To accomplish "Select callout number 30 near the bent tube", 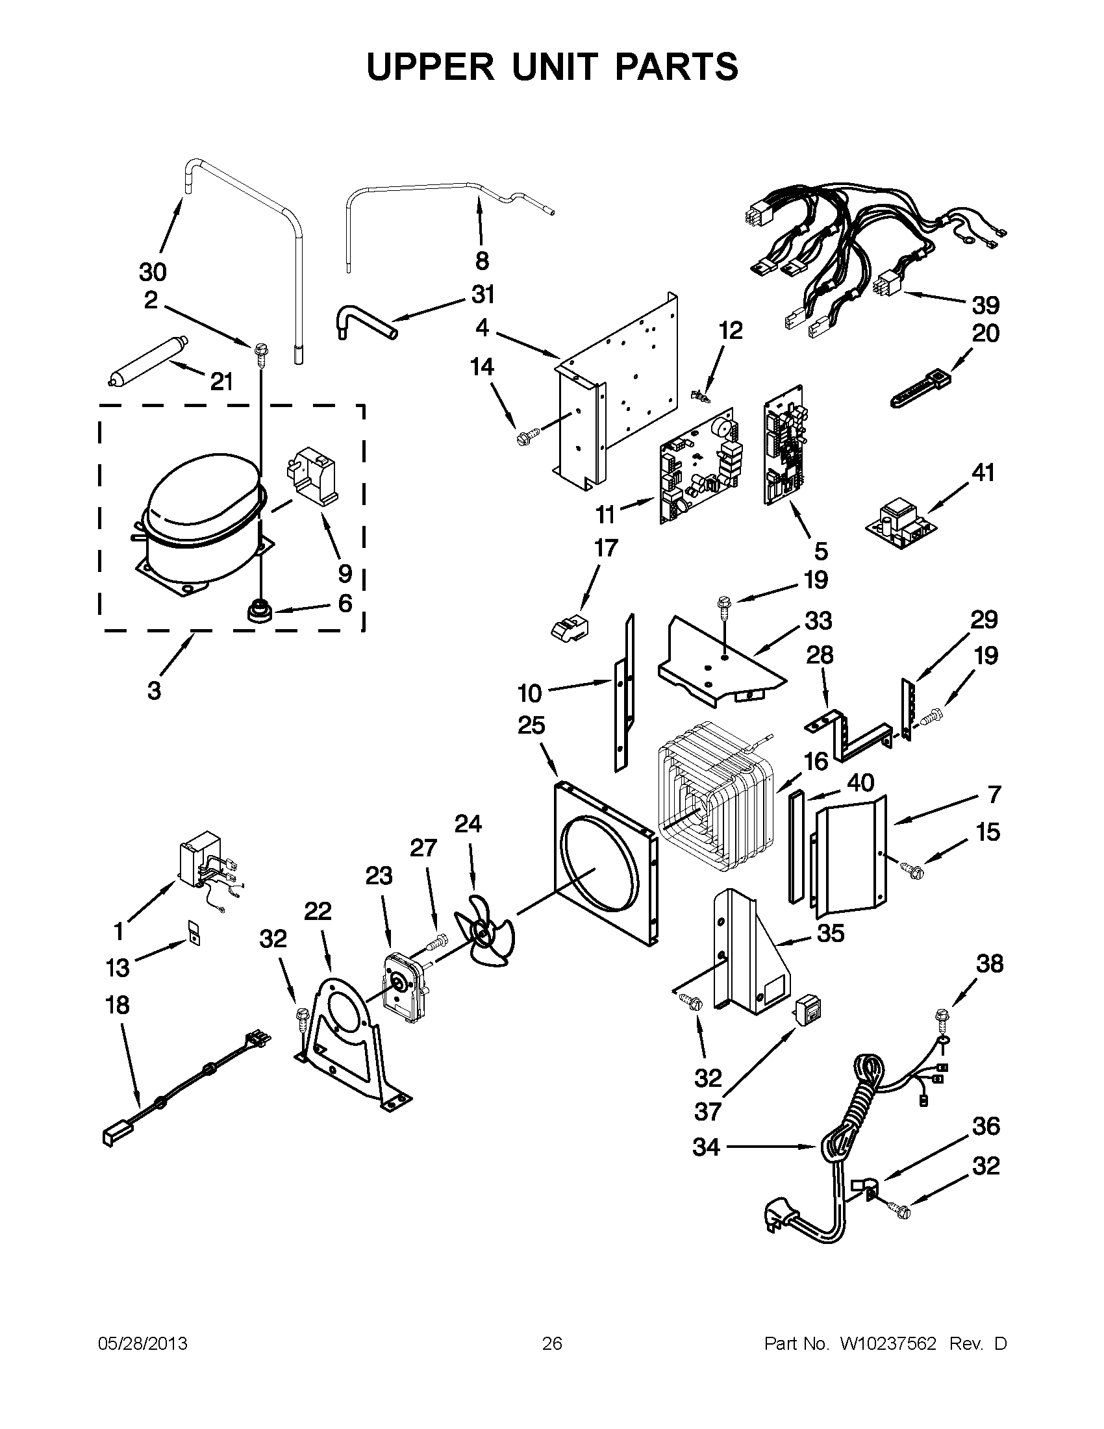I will coord(153,271).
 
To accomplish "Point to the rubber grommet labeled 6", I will coord(258,612).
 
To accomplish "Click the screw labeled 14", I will coord(528,434).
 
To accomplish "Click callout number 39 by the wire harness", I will coord(985,305).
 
